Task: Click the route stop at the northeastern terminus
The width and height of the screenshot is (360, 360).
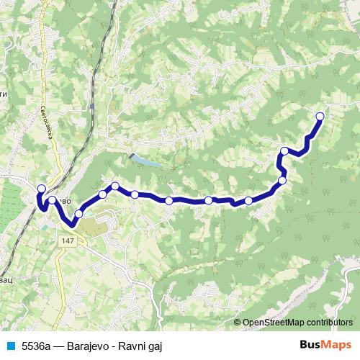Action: [320, 116]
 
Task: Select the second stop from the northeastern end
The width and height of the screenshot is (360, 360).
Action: [285, 151]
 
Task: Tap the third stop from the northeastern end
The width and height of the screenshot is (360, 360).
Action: [282, 180]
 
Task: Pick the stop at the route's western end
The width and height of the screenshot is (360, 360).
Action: [40, 189]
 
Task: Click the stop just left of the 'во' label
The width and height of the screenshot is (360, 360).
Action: [53, 200]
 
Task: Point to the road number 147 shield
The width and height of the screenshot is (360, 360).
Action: [68, 240]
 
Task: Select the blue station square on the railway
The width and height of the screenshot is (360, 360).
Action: [94, 105]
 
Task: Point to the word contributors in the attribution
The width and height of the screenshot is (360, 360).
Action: [329, 324]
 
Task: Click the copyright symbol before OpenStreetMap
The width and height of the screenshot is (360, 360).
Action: [237, 324]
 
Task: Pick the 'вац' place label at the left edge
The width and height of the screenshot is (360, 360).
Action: [4, 277]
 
